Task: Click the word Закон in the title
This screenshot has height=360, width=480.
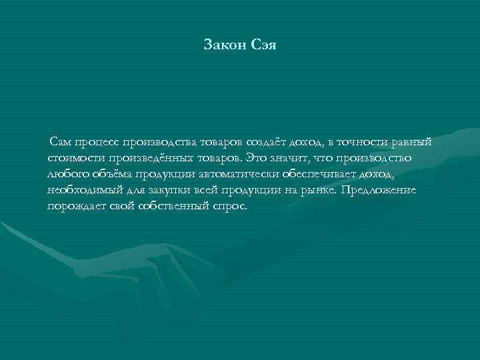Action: click(225, 46)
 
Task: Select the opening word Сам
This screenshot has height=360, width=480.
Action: click(61, 142)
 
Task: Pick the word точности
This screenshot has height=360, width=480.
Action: click(363, 142)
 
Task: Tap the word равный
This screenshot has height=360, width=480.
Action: click(413, 142)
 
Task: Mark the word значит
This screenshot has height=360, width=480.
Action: click(287, 158)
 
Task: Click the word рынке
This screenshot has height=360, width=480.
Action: click(319, 190)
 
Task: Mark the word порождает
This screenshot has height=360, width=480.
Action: click(76, 206)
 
